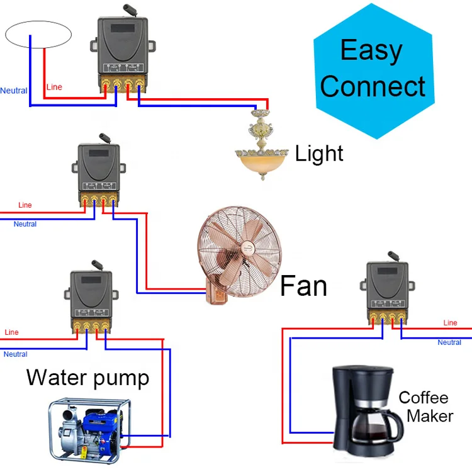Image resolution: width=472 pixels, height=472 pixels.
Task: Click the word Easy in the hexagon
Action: pyautogui.click(x=371, y=51)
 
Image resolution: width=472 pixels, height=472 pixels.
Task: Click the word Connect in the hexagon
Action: pyautogui.click(x=373, y=86)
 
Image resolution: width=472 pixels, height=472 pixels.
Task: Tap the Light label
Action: pyautogui.click(x=319, y=154)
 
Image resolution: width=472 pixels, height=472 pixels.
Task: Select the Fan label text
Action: pyautogui.click(x=303, y=286)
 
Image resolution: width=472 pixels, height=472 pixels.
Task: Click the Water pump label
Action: pyautogui.click(x=87, y=378)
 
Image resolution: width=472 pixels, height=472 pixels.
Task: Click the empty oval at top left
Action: pyautogui.click(x=38, y=34)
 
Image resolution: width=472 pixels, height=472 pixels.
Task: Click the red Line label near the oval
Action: pyautogui.click(x=55, y=87)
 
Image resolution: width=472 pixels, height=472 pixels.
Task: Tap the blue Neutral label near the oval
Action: pyautogui.click(x=14, y=91)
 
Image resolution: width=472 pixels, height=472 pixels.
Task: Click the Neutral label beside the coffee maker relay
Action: pyautogui.click(x=449, y=342)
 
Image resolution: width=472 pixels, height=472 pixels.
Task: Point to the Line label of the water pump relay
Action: pyautogui.click(x=11, y=332)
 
